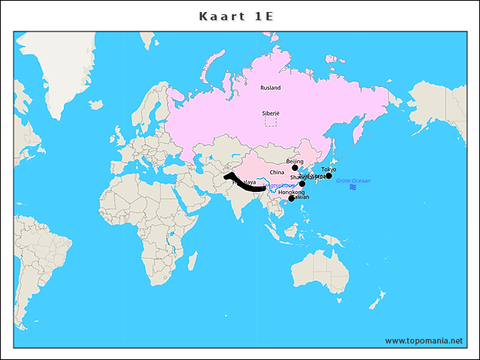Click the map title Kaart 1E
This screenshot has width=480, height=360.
click(239, 16)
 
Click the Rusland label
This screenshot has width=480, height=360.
click(270, 88)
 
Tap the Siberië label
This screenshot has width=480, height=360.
click(270, 112)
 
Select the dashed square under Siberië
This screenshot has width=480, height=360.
click(270, 121)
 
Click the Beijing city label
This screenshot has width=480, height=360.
click(295, 161)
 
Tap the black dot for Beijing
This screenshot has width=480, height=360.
click(295, 168)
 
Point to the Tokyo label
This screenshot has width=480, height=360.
click(328, 169)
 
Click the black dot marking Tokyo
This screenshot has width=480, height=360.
click(328, 175)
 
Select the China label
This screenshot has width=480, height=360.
click(277, 172)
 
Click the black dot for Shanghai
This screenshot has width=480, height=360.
click(302, 184)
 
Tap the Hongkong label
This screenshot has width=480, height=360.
click(291, 192)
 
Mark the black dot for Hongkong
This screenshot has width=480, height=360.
click(291, 199)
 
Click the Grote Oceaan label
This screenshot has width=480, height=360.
click(352, 181)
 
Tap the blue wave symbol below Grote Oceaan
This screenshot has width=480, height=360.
click(352, 187)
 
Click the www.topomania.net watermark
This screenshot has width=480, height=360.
click(424, 340)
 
